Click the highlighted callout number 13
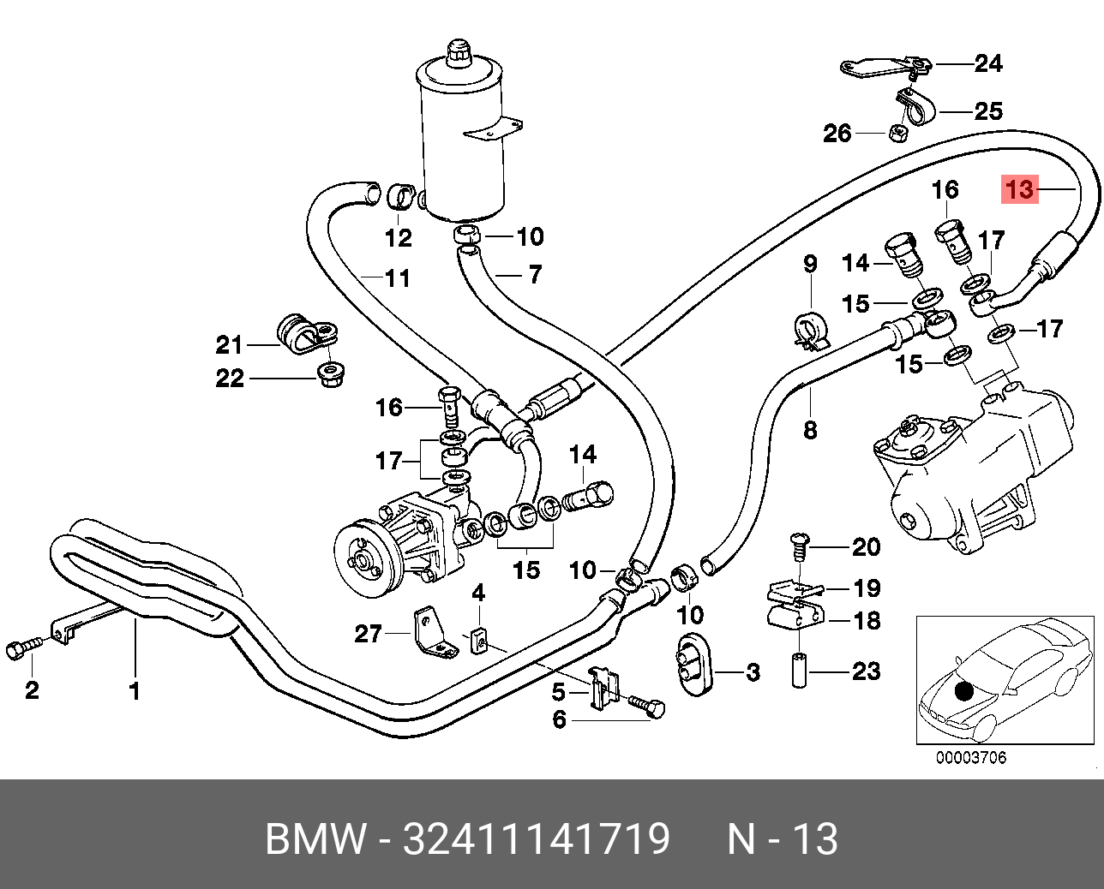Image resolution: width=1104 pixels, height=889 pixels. (1020, 188)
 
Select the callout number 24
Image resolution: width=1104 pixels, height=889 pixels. (987, 63)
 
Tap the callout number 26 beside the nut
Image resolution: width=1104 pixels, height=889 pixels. (837, 133)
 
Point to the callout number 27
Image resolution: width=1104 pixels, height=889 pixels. (368, 634)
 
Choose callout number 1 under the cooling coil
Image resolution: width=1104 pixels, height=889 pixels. (135, 690)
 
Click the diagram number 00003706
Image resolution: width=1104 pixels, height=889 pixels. (970, 757)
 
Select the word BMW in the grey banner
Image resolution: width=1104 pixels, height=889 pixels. (315, 839)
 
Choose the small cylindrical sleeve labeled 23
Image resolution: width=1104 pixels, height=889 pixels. (799, 671)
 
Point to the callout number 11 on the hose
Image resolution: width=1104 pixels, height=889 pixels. (397, 278)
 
